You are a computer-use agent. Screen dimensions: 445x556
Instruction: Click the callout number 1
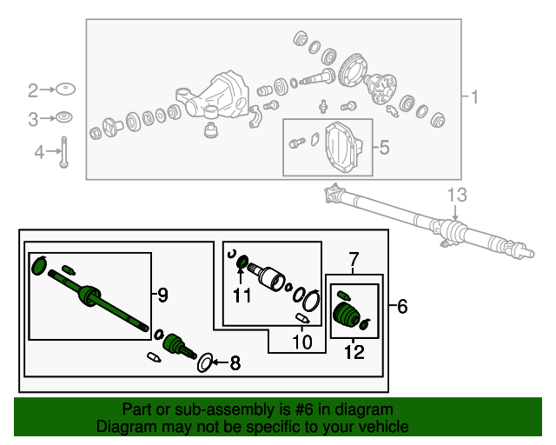pyautogui.click(x=475, y=97)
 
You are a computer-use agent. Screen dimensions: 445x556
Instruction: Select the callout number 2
pyautogui.click(x=33, y=90)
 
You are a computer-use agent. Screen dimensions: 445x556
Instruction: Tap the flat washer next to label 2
pyautogui.click(x=65, y=90)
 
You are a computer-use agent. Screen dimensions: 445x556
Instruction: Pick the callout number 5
pyautogui.click(x=385, y=147)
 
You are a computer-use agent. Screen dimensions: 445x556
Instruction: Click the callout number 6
pyautogui.click(x=401, y=306)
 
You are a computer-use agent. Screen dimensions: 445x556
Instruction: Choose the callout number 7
pyautogui.click(x=354, y=259)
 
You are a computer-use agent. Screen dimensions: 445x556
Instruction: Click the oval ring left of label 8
pyautogui.click(x=205, y=362)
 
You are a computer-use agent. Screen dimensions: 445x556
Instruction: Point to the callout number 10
pyautogui.click(x=301, y=342)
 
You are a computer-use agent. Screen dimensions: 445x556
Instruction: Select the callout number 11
pyautogui.click(x=242, y=296)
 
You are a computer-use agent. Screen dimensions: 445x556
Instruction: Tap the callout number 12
pyautogui.click(x=353, y=353)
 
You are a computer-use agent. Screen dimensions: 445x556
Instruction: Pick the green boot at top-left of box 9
pyautogui.click(x=39, y=264)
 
